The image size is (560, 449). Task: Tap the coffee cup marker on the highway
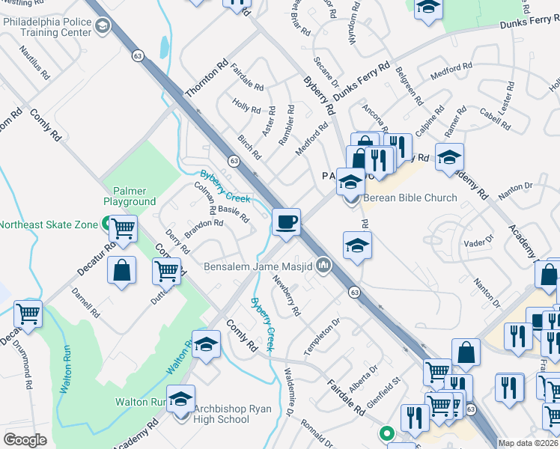(286, 223)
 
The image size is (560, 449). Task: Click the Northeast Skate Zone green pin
(107, 224)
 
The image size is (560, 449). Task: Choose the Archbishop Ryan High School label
(222, 414)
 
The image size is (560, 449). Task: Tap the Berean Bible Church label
(410, 198)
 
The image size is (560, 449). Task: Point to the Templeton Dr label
(322, 336)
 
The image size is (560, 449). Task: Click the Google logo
(25, 440)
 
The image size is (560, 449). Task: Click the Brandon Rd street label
(204, 228)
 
